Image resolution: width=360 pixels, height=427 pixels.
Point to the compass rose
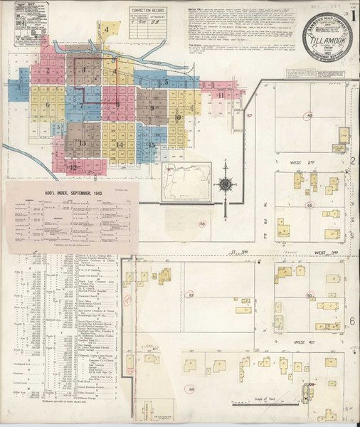pyautogui.click(x=225, y=184)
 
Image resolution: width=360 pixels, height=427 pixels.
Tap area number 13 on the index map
pyautogui.click(x=83, y=143)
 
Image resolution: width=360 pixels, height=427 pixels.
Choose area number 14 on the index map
pyautogui.click(x=120, y=145)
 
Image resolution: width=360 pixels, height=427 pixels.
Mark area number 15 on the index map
pyautogui.click(x=152, y=145)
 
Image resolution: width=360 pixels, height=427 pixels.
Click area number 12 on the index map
pyautogui.click(x=74, y=167)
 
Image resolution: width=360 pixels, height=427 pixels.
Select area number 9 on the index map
pyautogui.click(x=152, y=107)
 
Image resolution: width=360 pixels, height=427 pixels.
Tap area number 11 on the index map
pyautogui.click(x=221, y=95)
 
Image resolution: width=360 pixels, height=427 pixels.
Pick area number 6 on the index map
pyautogui.click(x=48, y=105)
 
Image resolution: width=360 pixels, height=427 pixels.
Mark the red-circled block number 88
pyautogui.click(x=191, y=389)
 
